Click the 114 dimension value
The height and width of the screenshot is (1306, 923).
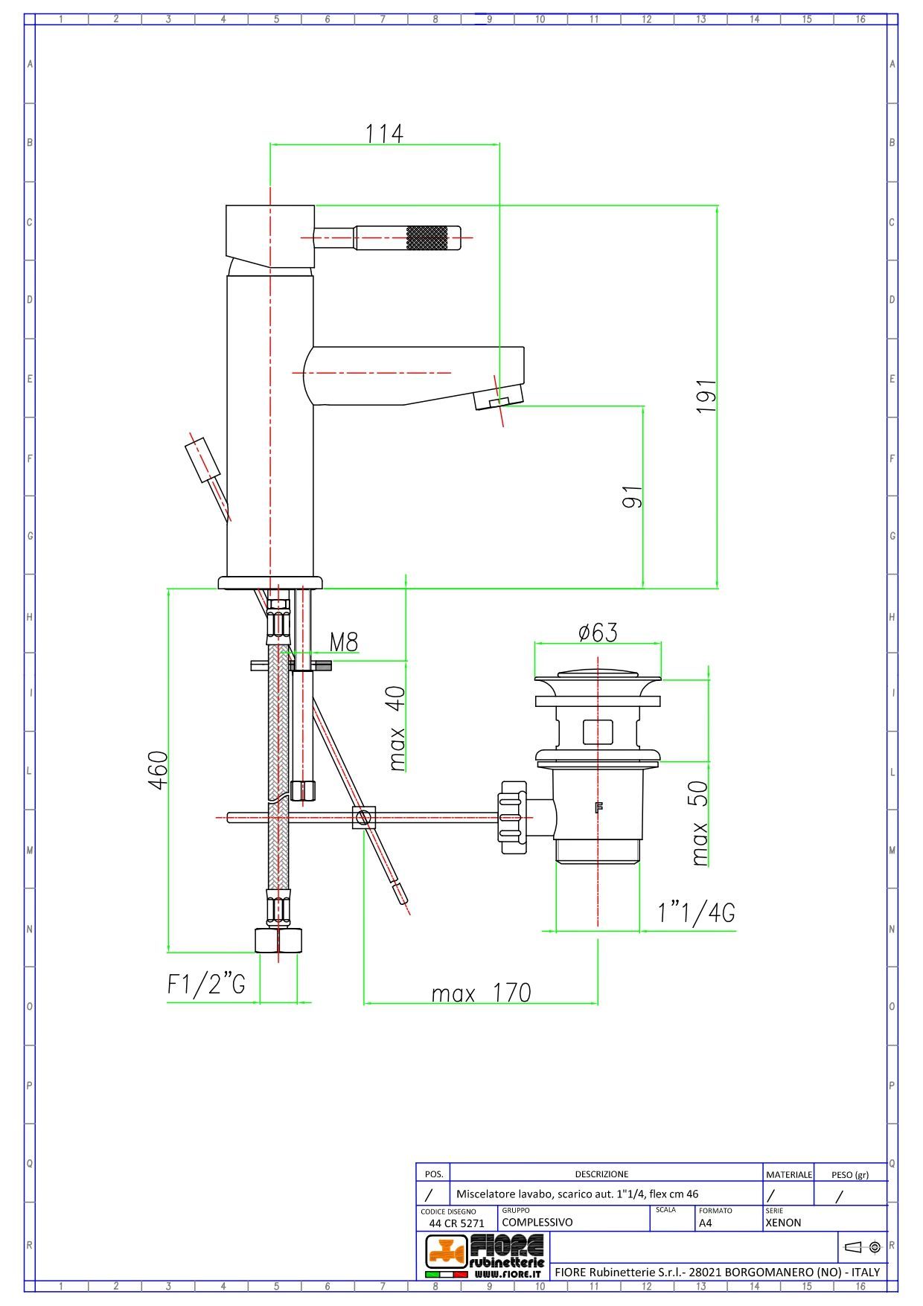(x=384, y=133)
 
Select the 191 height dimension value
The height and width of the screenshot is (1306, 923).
(x=706, y=396)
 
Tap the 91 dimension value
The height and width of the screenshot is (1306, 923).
(x=632, y=497)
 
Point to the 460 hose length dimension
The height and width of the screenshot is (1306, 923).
(x=158, y=770)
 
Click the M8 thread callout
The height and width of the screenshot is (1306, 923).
(x=344, y=641)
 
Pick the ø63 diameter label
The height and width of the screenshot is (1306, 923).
(x=598, y=633)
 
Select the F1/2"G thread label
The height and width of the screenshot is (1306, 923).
(x=206, y=985)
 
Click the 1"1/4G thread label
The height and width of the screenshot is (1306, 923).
(x=697, y=912)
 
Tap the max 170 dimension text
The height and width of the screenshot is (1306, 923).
(x=482, y=993)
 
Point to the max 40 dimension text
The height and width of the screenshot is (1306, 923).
(x=397, y=728)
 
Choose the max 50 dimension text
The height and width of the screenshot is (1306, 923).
(x=700, y=823)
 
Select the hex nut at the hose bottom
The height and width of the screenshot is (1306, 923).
(x=280, y=941)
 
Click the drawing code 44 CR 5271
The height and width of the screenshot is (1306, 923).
(x=456, y=1223)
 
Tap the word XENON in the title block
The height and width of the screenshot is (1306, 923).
(x=783, y=1222)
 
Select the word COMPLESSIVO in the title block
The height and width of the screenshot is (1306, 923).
(x=537, y=1222)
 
